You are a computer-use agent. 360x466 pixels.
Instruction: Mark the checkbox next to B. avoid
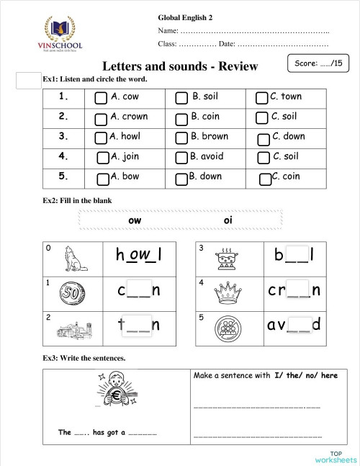click(x=181, y=158)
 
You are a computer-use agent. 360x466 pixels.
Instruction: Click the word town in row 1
click(x=291, y=97)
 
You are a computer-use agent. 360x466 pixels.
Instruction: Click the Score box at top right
click(x=318, y=63)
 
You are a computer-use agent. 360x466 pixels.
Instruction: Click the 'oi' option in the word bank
click(x=229, y=220)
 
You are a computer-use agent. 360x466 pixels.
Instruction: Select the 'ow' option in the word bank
click(x=134, y=220)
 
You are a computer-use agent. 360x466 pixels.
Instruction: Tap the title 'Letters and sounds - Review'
click(x=180, y=66)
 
